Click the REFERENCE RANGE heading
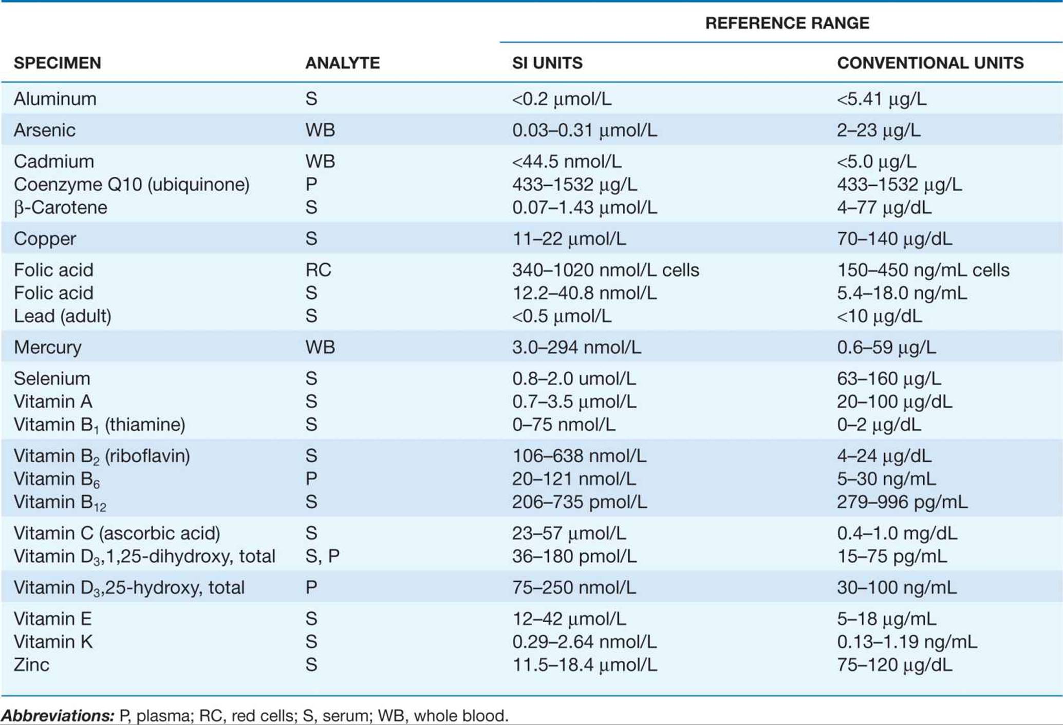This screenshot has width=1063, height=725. (787, 23)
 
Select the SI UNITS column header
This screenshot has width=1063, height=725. (547, 63)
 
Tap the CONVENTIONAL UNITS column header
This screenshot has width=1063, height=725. (930, 63)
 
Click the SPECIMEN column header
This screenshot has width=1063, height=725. (58, 63)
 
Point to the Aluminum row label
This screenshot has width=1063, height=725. (55, 99)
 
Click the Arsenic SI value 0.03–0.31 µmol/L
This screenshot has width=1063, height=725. (585, 130)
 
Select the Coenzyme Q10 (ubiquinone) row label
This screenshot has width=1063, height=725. (132, 185)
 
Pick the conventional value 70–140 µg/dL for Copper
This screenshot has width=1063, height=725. (894, 239)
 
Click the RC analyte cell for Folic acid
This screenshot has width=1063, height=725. (319, 270)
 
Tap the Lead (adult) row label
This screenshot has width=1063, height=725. (63, 316)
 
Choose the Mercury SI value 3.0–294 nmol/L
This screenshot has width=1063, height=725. (576, 348)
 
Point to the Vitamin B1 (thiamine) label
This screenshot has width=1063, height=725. (99, 425)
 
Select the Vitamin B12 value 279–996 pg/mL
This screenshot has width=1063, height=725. (902, 502)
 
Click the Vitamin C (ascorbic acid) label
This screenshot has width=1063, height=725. (117, 534)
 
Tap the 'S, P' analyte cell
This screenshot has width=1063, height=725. (323, 556)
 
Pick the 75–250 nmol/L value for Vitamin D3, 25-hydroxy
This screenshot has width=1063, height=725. (574, 588)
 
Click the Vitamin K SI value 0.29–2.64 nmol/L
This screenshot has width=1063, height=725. (584, 642)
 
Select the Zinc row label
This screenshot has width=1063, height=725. (32, 665)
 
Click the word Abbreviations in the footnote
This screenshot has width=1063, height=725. (57, 716)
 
